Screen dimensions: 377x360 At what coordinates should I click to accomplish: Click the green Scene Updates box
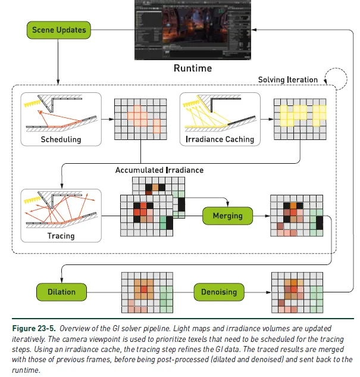(59, 30)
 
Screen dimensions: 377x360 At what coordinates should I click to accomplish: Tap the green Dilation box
(61, 291)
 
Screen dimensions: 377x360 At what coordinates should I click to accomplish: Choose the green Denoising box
(218, 291)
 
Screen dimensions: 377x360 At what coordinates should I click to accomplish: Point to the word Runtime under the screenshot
(192, 68)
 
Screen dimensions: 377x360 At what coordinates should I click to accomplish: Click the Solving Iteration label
(287, 79)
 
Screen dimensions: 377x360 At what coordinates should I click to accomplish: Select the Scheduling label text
(61, 140)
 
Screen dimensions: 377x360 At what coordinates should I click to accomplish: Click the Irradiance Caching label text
(219, 139)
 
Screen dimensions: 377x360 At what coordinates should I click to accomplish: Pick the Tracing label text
(61, 236)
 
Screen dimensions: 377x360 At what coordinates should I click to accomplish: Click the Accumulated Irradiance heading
(159, 170)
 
